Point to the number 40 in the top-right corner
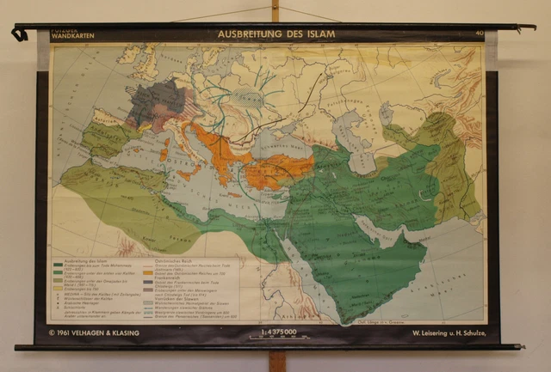coord(479,34)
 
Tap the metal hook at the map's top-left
coord(18,34)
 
